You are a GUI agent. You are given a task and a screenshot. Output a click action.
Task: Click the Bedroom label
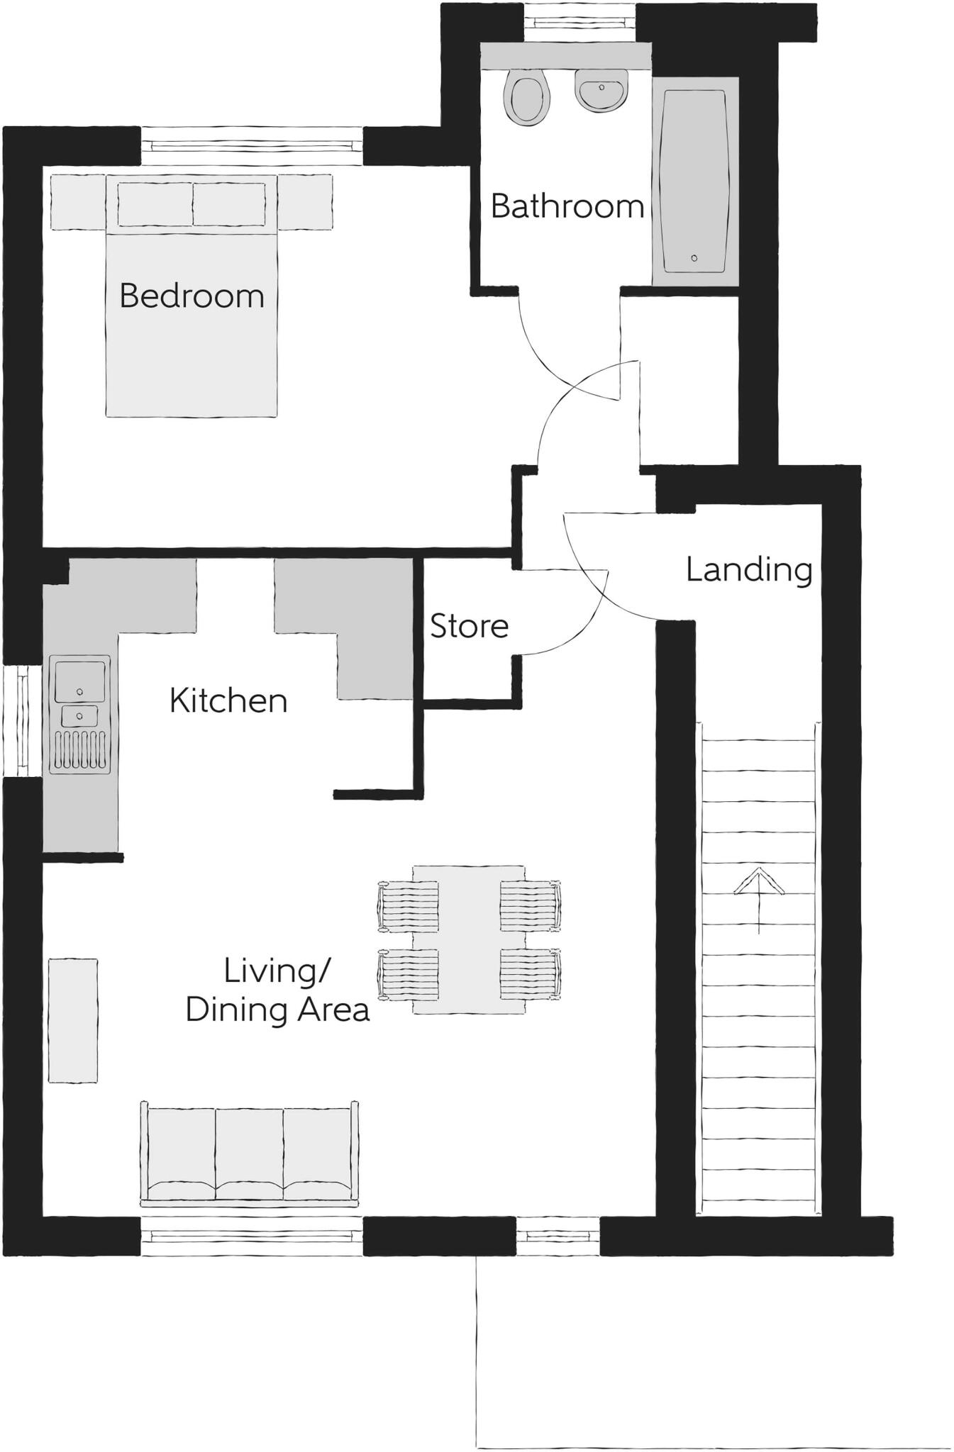pyautogui.click(x=192, y=296)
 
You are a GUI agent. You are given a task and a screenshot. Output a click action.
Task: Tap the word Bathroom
pyautogui.click(x=567, y=206)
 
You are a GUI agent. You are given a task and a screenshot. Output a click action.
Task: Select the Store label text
pyautogui.click(x=469, y=626)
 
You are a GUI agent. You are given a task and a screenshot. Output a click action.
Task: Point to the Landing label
pyautogui.click(x=748, y=569)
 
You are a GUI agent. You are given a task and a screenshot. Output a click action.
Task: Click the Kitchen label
pyautogui.click(x=228, y=700)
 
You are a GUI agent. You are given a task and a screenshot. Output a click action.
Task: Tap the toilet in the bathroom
pyautogui.click(x=526, y=97)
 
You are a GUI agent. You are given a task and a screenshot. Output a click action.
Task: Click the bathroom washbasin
pyautogui.click(x=601, y=90)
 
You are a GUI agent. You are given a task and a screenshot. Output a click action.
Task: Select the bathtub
pyautogui.click(x=694, y=181)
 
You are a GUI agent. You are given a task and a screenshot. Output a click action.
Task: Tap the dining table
pyautogui.click(x=469, y=939)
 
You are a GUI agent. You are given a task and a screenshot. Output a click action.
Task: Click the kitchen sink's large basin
pyautogui.click(x=79, y=679)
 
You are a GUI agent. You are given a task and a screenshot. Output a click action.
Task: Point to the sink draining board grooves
pyautogui.click(x=79, y=750)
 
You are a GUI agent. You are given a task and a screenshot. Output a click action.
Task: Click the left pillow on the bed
pyautogui.click(x=155, y=204)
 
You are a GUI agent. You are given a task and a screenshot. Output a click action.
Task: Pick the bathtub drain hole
pyautogui.click(x=694, y=258)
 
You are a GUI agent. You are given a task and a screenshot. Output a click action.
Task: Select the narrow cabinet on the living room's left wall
pyautogui.click(x=72, y=1020)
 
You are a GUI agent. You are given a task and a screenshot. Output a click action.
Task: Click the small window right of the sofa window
pyautogui.click(x=558, y=1236)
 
